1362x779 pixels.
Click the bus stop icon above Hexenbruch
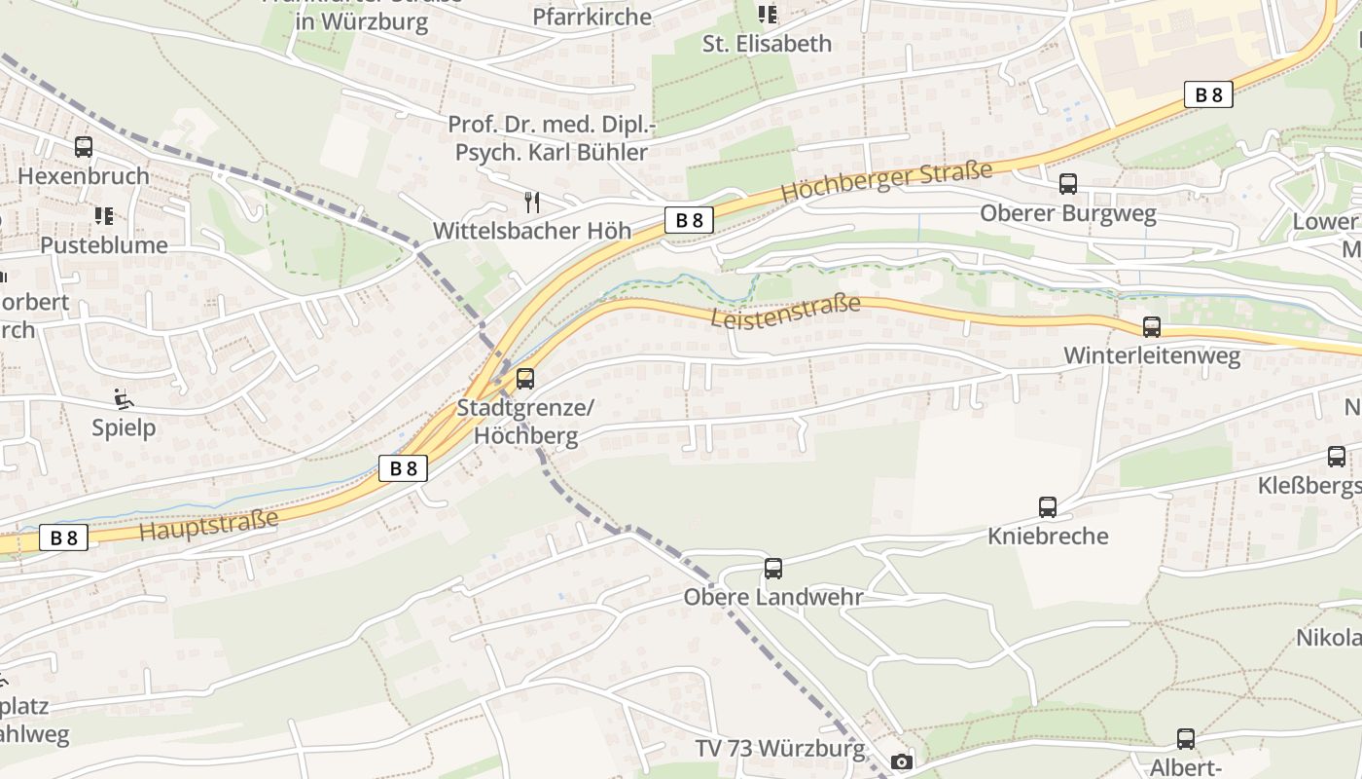[x=84, y=147]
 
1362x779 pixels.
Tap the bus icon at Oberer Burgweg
[x=1067, y=184]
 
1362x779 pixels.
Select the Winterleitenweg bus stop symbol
[x=1152, y=327]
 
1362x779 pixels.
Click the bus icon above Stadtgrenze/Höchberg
[x=525, y=379]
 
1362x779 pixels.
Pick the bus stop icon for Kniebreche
[x=1048, y=507]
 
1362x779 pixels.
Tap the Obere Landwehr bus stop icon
[x=773, y=569]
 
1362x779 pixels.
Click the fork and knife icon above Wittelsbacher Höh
[x=531, y=203]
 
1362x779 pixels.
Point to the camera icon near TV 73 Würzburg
[x=902, y=761]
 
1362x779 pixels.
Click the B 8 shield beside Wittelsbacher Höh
[x=689, y=220]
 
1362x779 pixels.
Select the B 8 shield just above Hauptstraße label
[x=403, y=468]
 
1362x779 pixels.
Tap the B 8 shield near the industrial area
[x=1208, y=94]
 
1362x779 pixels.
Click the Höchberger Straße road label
[x=885, y=182]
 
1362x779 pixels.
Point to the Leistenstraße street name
[x=785, y=312]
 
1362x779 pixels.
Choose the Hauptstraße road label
[x=208, y=525]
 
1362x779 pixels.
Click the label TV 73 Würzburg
[x=779, y=749]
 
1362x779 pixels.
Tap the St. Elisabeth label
[x=767, y=44]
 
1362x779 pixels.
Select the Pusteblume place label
[x=104, y=244]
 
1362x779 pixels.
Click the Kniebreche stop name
[x=1048, y=536]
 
